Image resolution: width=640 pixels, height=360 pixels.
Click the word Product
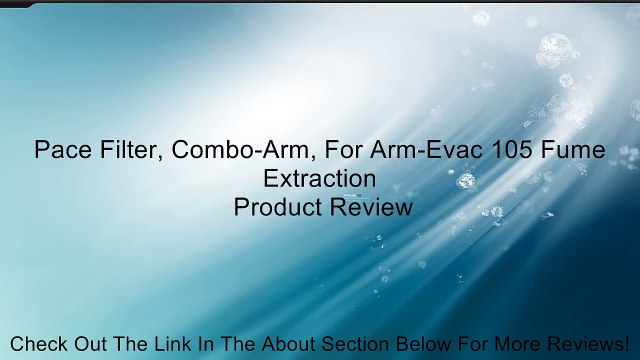point(279,207)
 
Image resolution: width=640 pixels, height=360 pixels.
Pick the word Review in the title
point(370,207)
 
